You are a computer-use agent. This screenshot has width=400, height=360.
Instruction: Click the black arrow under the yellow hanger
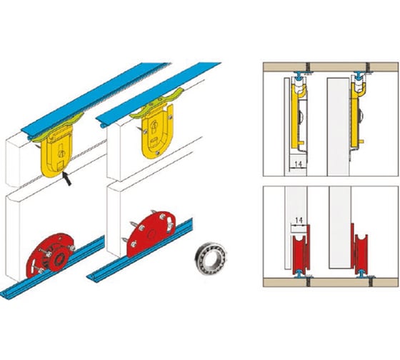67,179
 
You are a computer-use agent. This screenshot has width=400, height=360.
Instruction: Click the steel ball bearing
211,259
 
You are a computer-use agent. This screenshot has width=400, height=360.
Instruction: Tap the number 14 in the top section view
298,164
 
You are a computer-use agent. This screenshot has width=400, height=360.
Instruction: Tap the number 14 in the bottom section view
299,220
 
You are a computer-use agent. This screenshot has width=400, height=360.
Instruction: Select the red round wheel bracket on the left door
50,255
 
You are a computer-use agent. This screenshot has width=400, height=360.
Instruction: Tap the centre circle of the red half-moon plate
152,234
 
